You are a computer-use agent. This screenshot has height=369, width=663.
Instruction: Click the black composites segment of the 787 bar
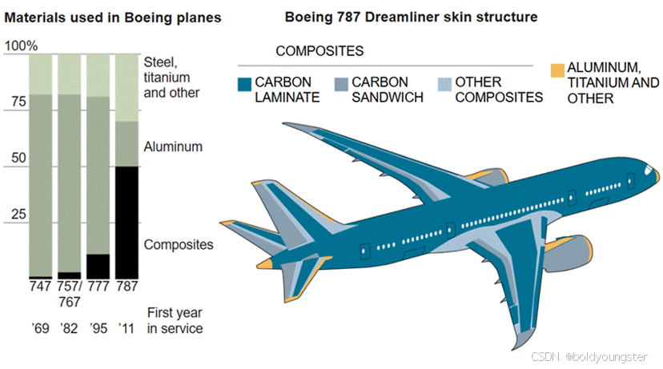click(127, 222)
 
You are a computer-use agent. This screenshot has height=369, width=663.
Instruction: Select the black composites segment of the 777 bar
click(98, 265)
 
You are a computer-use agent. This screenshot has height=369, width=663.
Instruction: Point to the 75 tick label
click(17, 102)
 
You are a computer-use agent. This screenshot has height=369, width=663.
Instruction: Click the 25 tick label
click(17, 215)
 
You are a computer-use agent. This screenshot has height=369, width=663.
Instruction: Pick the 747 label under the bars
click(41, 287)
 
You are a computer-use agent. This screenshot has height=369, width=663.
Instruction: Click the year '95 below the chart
click(98, 328)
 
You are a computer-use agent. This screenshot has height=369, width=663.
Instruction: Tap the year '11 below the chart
click(126, 328)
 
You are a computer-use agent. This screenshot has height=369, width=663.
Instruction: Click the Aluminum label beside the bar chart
click(173, 147)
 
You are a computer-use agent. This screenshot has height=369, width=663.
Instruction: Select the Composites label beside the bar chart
click(179, 244)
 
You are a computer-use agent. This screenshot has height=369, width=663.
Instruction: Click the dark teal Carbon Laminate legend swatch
click(244, 82)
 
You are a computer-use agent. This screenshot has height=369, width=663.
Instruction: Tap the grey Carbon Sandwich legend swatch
click(340, 82)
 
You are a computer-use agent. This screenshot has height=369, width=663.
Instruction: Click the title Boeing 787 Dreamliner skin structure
click(411, 16)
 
